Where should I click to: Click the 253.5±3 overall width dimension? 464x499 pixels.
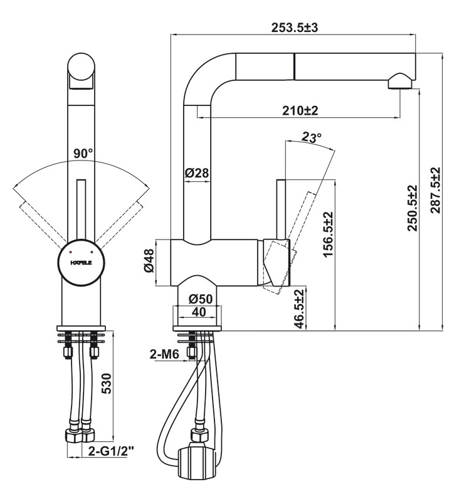point(294,28)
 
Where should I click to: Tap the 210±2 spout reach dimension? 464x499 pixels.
point(300,111)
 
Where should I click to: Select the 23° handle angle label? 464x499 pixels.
point(311,137)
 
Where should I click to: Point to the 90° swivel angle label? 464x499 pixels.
point(83,154)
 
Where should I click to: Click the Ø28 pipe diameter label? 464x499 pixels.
point(197,173)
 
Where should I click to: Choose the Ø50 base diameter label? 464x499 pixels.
point(200,299)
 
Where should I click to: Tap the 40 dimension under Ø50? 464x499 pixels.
point(199,312)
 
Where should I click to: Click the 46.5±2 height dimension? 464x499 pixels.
point(300,308)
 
